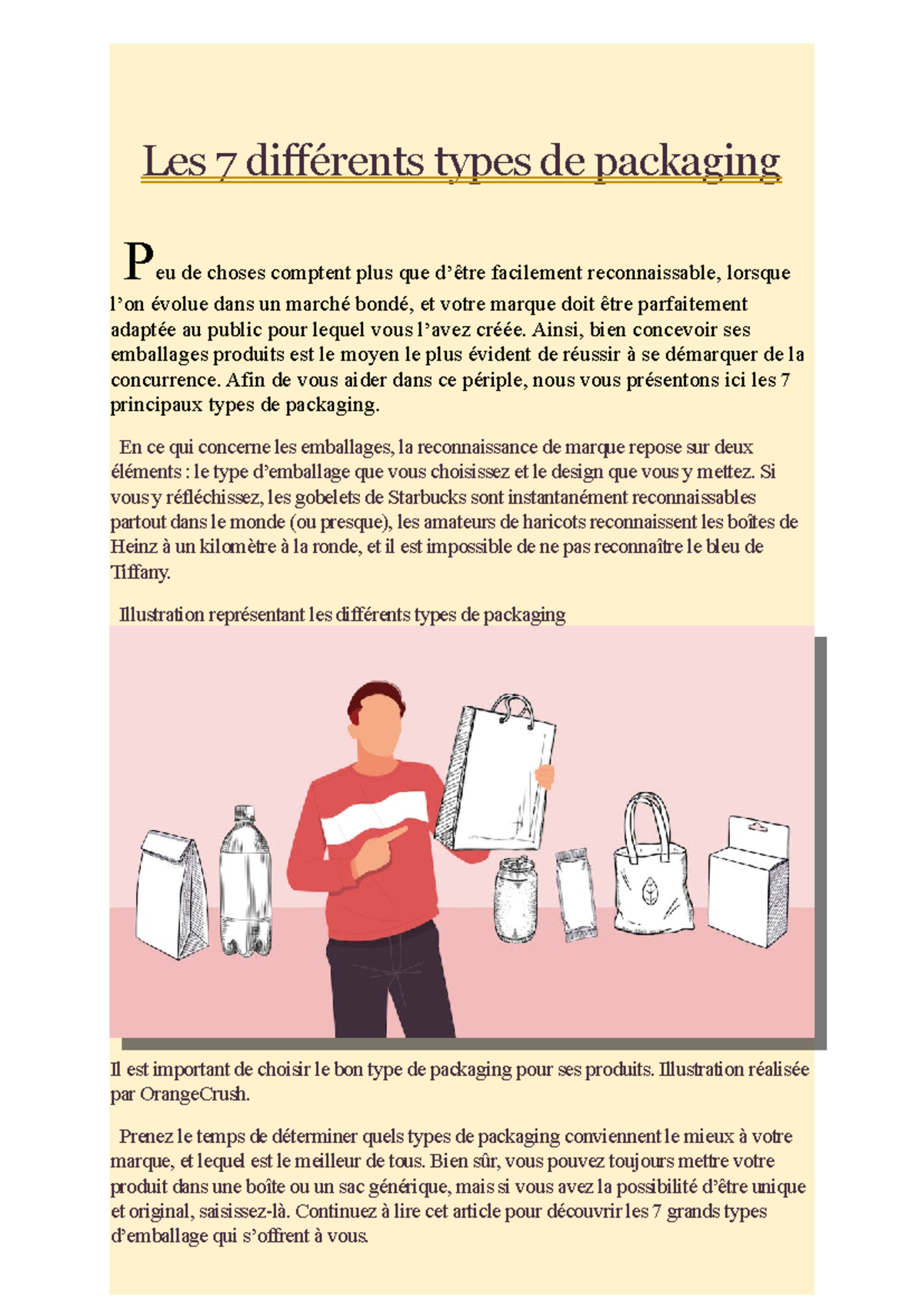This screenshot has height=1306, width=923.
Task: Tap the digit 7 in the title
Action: tap(225, 162)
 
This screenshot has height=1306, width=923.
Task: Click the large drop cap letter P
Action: tap(138, 261)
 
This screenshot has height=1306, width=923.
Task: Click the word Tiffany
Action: tap(140, 572)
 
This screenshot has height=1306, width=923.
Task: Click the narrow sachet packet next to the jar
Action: tap(576, 895)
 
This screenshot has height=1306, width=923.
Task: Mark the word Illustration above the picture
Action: tap(162, 615)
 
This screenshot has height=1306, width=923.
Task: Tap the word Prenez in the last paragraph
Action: tap(146, 1137)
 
